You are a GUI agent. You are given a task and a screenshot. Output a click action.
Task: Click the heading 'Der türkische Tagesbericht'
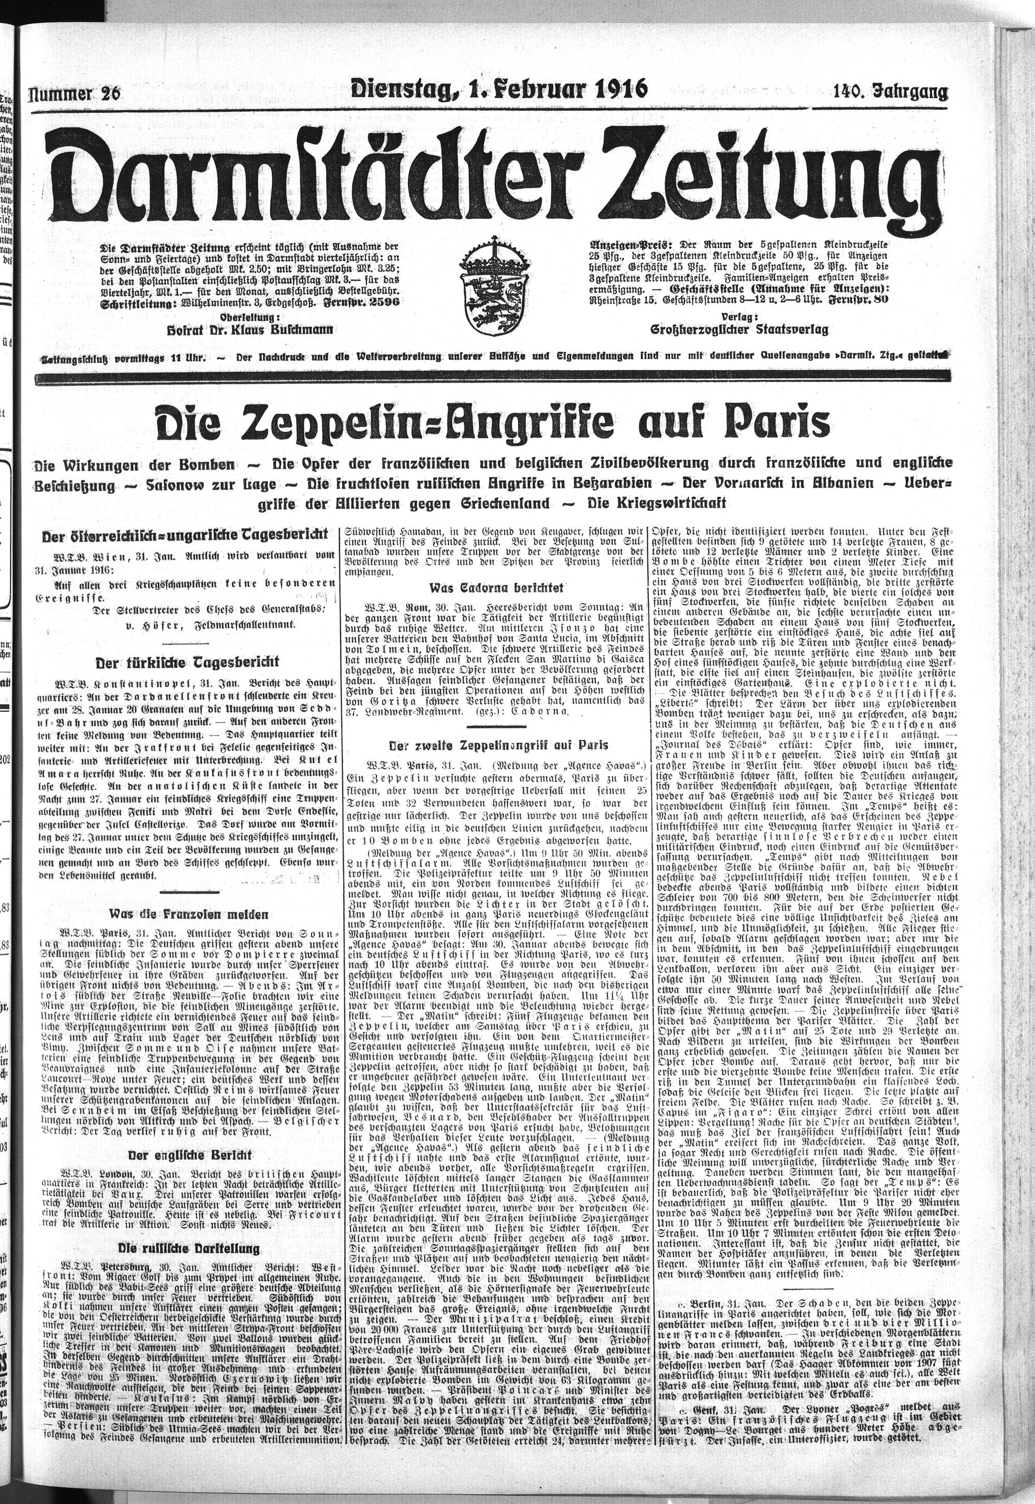[187, 663]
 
